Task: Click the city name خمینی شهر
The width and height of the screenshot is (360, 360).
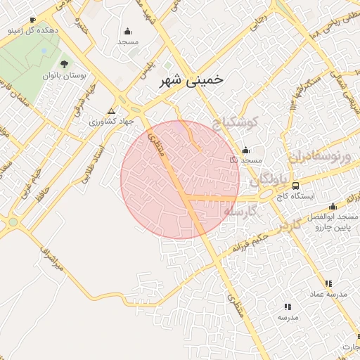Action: click(187, 80)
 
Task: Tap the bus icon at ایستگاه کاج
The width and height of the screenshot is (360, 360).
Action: click(295, 186)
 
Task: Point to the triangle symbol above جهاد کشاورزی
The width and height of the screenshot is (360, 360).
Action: click(110, 111)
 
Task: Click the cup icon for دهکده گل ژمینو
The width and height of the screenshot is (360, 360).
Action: click(32, 20)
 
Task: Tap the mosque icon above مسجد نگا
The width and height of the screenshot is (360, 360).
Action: click(245, 150)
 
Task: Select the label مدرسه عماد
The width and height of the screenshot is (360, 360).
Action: click(336, 294)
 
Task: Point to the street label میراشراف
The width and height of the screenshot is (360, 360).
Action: click(51, 260)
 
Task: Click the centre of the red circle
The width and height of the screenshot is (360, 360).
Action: click(180, 179)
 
